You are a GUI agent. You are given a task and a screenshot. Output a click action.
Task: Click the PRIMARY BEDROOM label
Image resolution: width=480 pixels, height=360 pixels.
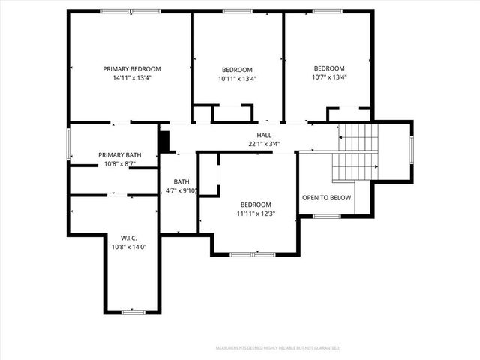coord(132,68)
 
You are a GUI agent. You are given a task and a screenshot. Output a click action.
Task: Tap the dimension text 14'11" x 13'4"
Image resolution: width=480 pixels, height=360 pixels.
coord(132,76)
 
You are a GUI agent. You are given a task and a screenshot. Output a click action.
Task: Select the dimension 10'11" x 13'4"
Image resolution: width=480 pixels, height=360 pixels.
coord(237,76)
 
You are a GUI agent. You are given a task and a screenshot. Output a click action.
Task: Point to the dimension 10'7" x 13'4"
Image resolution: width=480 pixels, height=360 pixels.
coord(329,76)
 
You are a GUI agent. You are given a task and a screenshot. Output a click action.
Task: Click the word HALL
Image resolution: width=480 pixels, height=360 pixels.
coord(264,136)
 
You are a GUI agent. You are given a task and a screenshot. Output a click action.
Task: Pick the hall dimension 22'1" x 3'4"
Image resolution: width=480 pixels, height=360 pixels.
coord(264,144)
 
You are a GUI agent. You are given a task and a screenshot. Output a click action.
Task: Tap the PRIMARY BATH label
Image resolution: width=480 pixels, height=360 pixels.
coord(115,155)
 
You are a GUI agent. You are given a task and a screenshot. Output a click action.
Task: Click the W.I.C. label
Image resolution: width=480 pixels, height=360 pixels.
coord(118,238)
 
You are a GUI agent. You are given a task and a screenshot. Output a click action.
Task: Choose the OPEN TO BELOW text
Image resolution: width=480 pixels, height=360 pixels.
coord(326,198)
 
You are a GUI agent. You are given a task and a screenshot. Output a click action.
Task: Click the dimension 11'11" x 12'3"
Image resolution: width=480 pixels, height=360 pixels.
coord(256,213)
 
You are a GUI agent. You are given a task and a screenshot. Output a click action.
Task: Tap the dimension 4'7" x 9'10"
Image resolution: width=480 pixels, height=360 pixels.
coord(181,190)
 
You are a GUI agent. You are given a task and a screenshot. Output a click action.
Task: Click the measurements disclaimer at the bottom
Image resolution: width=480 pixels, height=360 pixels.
coord(277,348)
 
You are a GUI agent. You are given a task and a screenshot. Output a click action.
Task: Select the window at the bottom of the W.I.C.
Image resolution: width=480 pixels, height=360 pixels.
coord(133,311)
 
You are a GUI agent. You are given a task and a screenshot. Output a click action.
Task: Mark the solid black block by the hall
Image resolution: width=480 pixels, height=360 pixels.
coord(164,142)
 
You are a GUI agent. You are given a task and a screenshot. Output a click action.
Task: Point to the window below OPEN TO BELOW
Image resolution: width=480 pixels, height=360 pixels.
coord(327,216)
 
